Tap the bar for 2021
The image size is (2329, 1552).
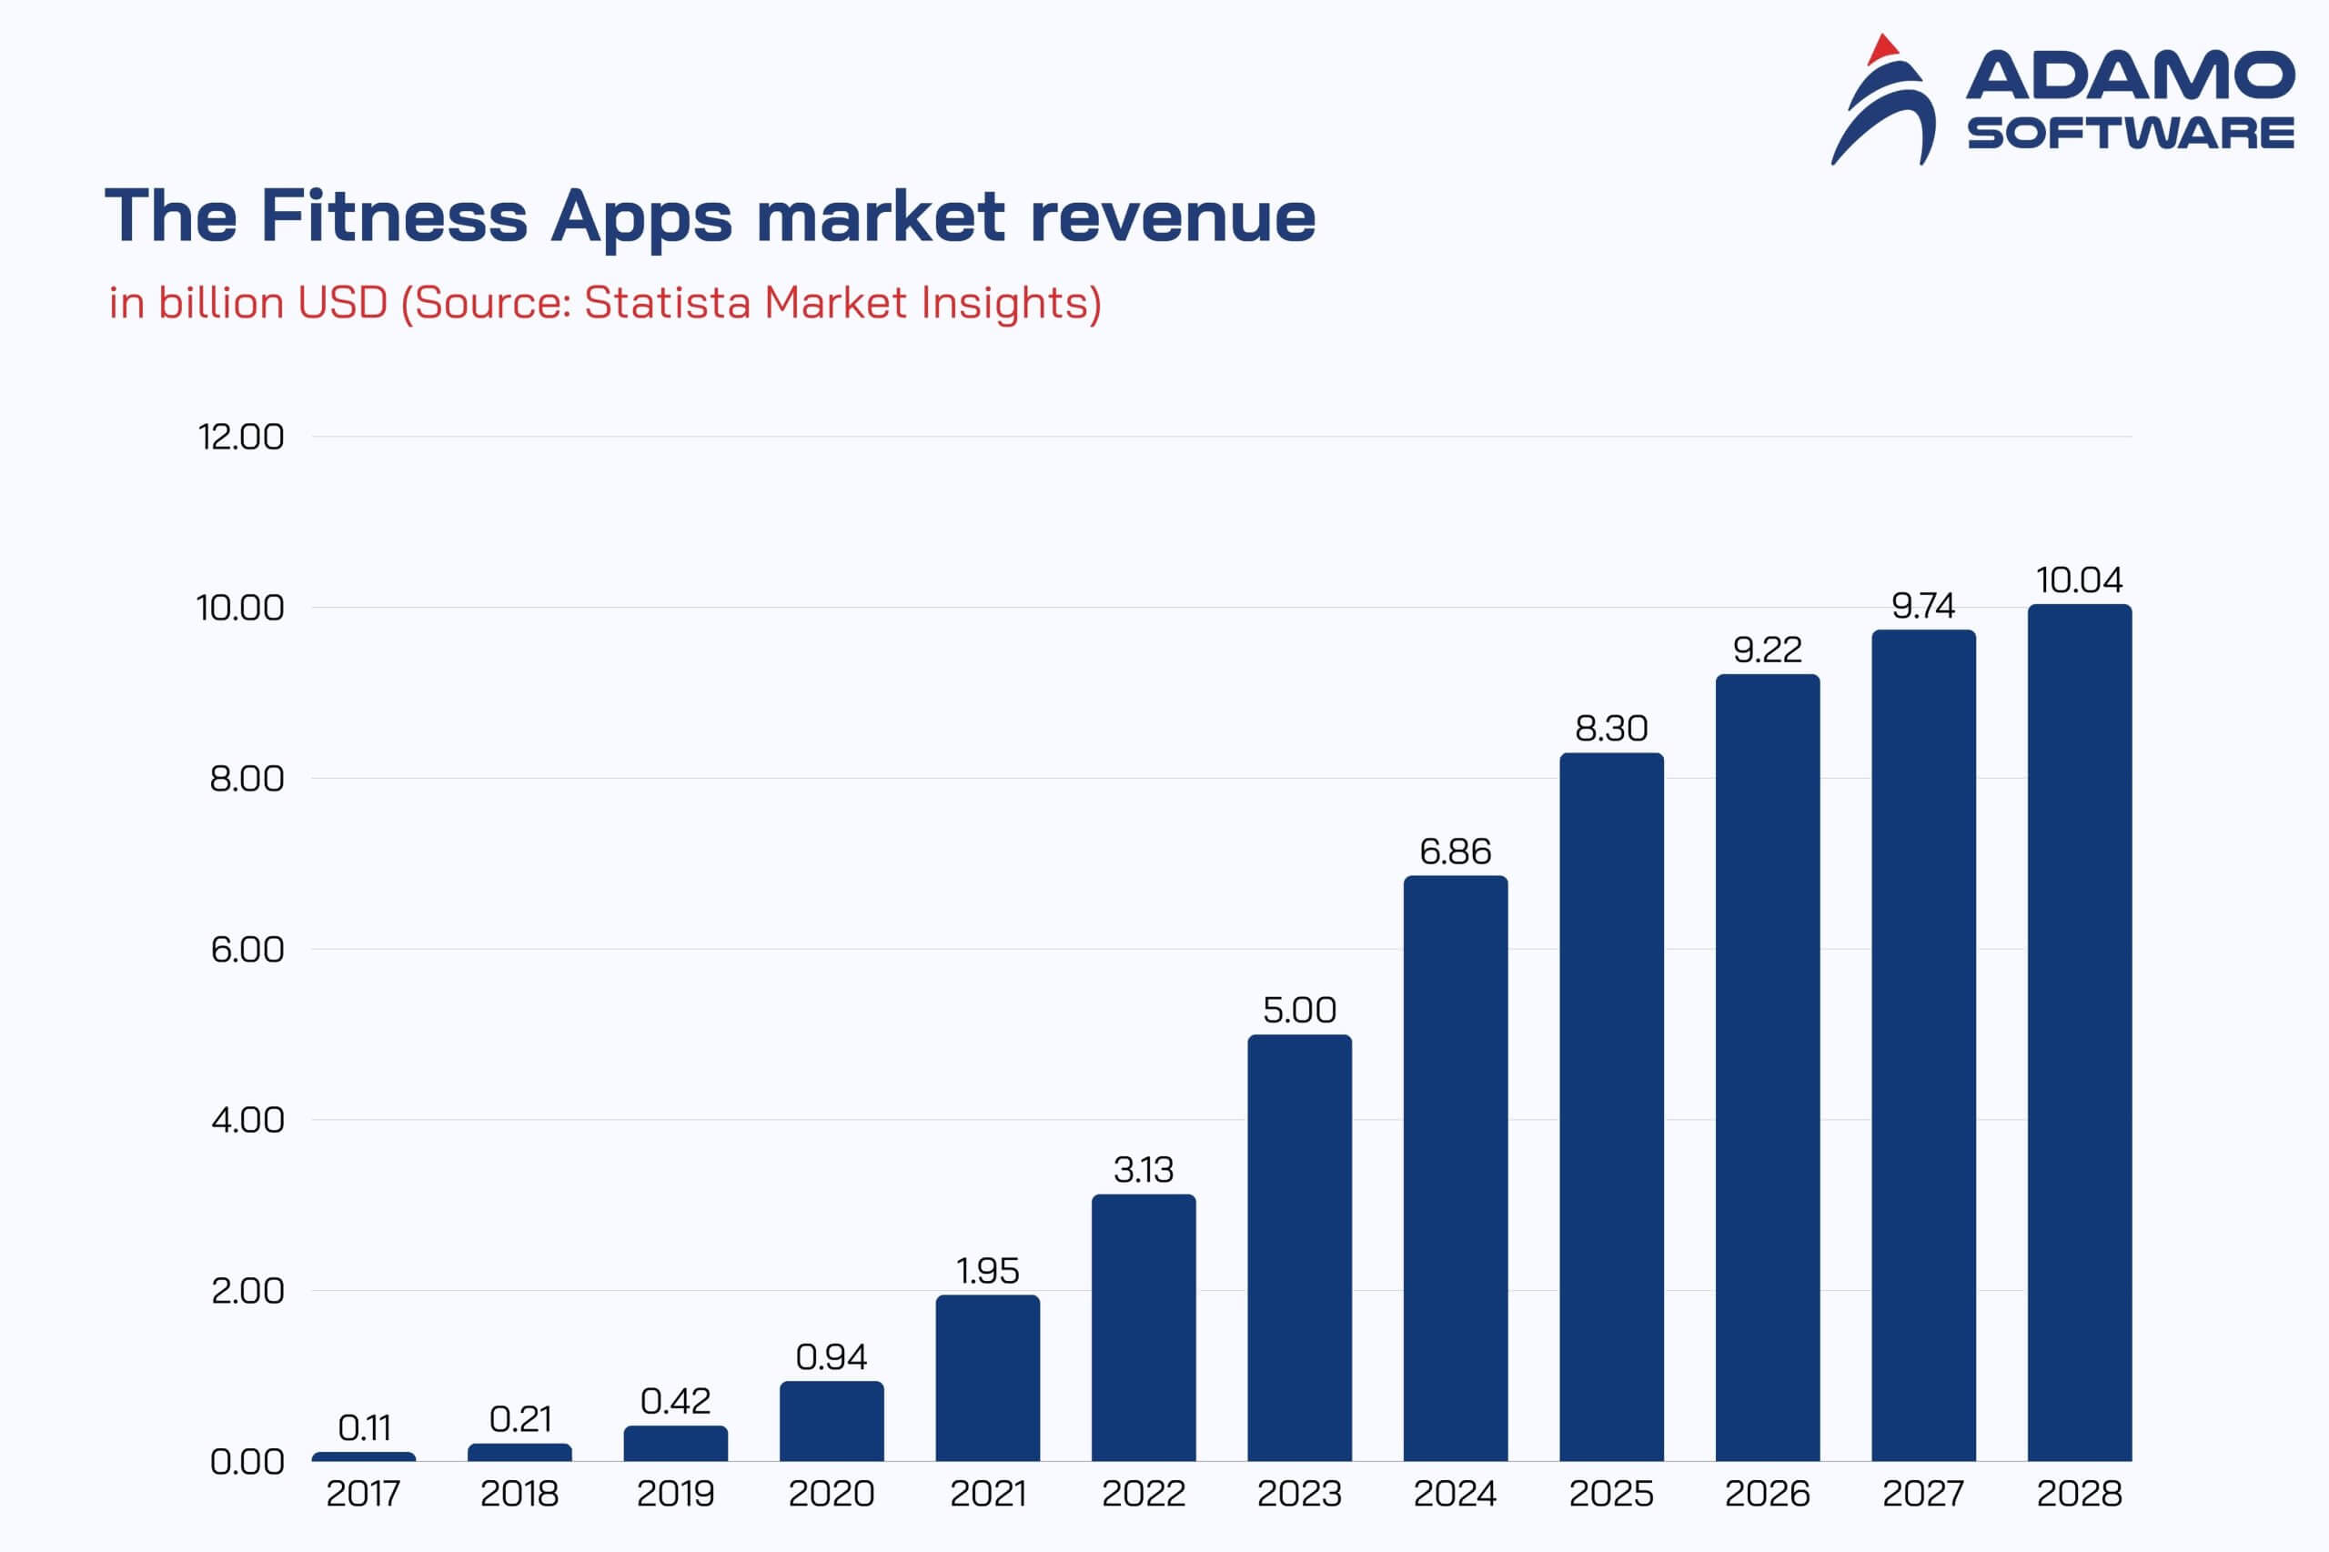(x=987, y=1378)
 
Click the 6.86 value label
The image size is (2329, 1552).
(x=1455, y=852)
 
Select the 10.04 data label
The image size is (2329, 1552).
(x=2079, y=580)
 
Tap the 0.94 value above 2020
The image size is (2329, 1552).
(x=832, y=1357)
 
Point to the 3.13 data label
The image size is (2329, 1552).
(x=1144, y=1170)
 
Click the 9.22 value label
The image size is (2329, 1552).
(x=1767, y=650)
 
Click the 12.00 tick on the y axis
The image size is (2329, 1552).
(x=240, y=437)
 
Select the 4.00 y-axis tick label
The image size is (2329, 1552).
(x=247, y=1121)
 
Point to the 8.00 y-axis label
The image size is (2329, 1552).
(x=247, y=779)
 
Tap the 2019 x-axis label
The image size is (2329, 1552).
(x=675, y=1494)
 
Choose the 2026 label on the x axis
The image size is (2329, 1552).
(x=1767, y=1494)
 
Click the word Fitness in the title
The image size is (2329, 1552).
(x=394, y=216)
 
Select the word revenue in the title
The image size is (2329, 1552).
(x=1173, y=217)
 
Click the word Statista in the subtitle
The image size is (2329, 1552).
(x=667, y=303)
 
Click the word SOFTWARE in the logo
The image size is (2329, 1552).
(x=2130, y=134)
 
